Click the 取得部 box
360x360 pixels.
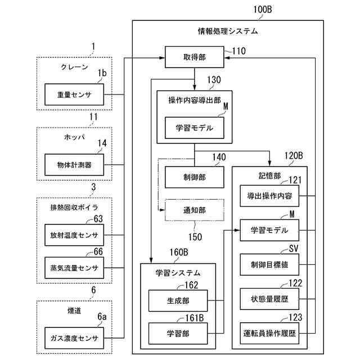[195, 56]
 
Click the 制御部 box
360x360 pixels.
[195, 177]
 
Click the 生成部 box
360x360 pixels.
[178, 300]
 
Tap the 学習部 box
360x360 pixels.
[178, 332]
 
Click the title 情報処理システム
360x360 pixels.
[228, 31]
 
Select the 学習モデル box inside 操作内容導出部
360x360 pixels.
[195, 128]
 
